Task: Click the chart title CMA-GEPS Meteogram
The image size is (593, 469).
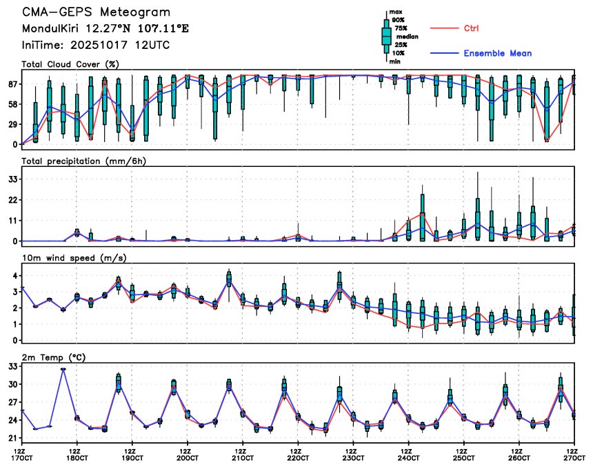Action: point(96,12)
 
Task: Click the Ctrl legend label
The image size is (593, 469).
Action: point(472,28)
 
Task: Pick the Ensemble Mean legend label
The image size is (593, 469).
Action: point(497,53)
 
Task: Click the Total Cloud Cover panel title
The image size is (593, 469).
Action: point(70,64)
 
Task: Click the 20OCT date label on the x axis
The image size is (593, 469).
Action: point(187,458)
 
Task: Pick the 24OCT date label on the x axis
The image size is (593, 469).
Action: point(408,458)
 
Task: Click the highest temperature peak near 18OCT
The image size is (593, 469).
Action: point(63,369)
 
